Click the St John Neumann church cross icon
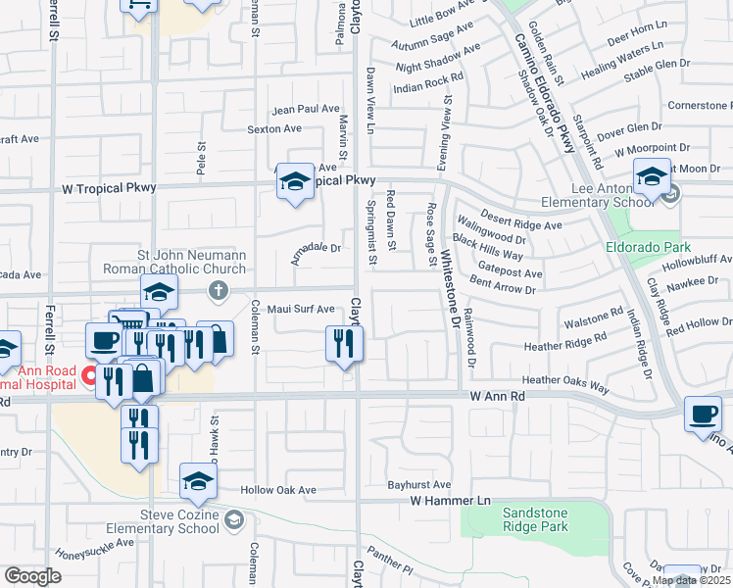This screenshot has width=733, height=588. [x=218, y=290]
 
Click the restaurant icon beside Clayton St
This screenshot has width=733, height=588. [x=344, y=344]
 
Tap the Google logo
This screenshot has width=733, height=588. [x=32, y=576]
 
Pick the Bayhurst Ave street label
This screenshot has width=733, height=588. [x=418, y=484]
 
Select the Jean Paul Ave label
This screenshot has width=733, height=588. [x=306, y=110]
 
